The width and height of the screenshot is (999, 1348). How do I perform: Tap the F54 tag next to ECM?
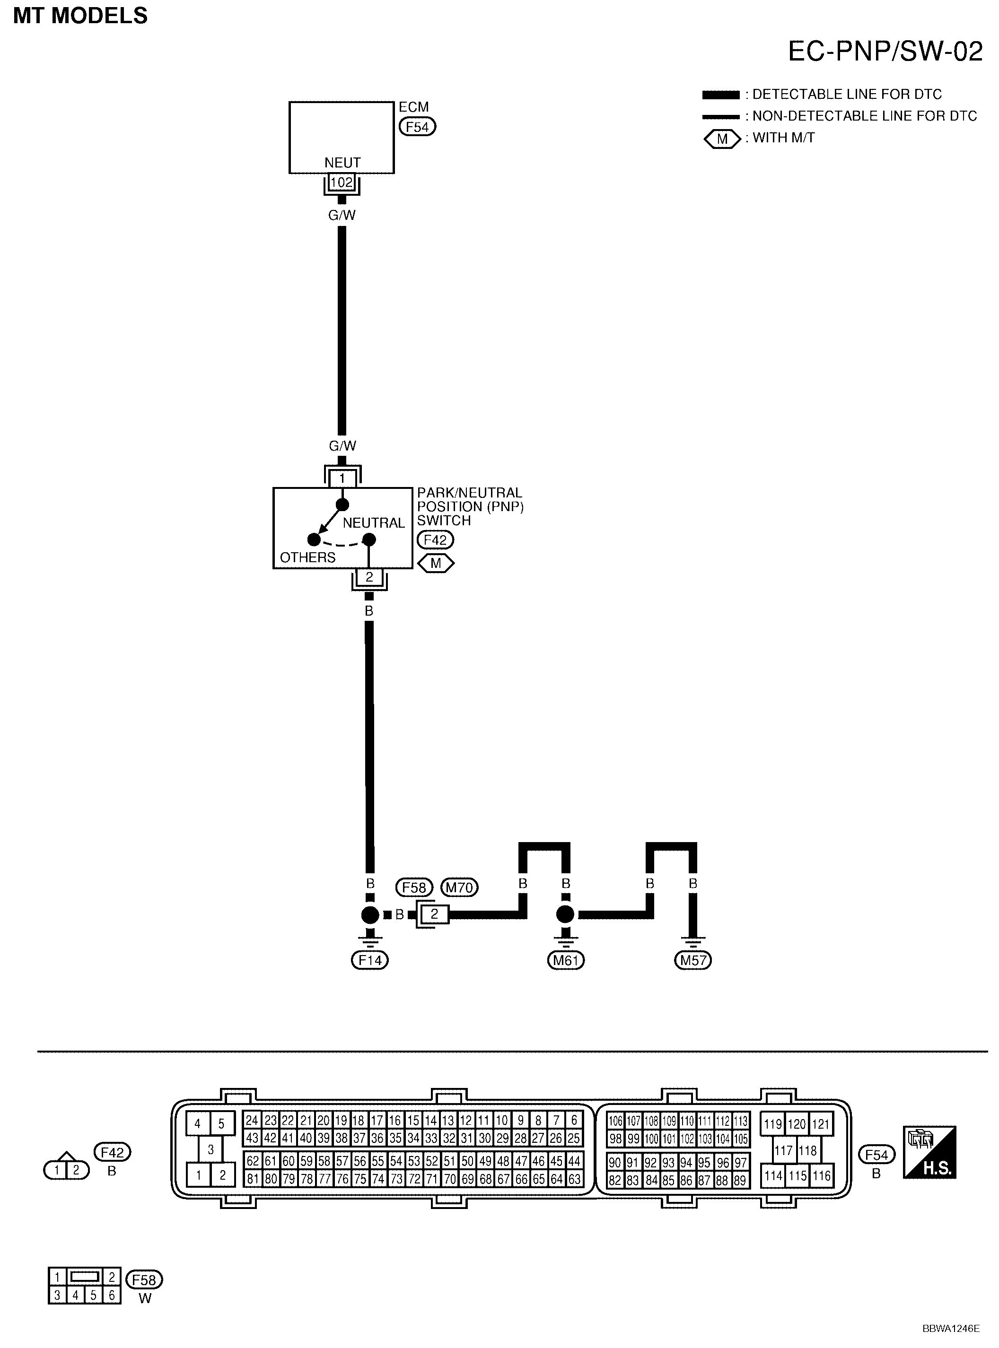[x=417, y=127]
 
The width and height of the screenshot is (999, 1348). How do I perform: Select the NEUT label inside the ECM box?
[x=342, y=163]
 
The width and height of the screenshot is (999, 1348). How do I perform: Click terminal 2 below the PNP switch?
[x=369, y=577]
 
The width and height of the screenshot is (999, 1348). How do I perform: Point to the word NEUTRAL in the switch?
[x=374, y=523]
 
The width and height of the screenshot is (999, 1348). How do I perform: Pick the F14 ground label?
[x=369, y=960]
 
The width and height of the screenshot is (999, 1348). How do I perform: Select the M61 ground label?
[x=565, y=960]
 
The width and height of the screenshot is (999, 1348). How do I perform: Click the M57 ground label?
[x=693, y=960]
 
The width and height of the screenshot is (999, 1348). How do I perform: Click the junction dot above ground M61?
[x=565, y=914]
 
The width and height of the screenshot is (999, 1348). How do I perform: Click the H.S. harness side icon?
[x=929, y=1152]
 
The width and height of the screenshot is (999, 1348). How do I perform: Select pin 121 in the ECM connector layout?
[x=821, y=1124]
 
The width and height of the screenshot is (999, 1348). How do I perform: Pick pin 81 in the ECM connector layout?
[x=253, y=1179]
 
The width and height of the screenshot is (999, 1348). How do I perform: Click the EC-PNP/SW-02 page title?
[x=885, y=52]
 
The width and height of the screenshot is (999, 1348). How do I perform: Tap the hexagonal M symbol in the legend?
[x=722, y=139]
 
